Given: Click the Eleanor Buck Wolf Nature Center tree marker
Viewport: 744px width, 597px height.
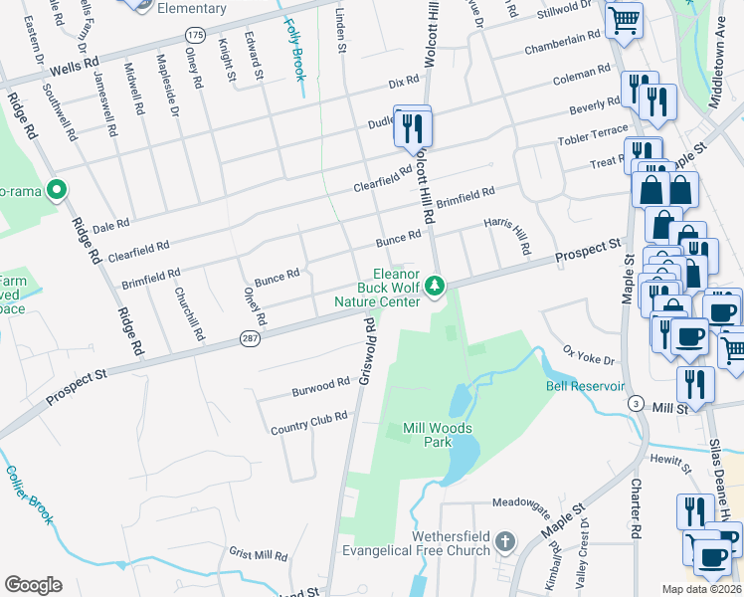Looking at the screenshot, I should [435, 287].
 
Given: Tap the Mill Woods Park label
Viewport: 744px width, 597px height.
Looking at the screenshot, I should [437, 435].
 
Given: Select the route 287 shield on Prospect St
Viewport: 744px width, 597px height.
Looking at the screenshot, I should [250, 340].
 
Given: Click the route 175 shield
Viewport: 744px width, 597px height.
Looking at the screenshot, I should [195, 35].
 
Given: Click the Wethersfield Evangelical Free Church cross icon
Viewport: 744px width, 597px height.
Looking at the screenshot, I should [505, 542].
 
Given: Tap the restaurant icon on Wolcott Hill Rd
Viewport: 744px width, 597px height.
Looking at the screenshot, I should [413, 126].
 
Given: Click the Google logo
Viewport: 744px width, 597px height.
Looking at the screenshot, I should [33, 584].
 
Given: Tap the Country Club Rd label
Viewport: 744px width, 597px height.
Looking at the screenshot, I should [308, 423].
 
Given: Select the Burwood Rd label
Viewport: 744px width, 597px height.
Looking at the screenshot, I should [320, 386].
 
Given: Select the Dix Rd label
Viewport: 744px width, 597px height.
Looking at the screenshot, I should [404, 82].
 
